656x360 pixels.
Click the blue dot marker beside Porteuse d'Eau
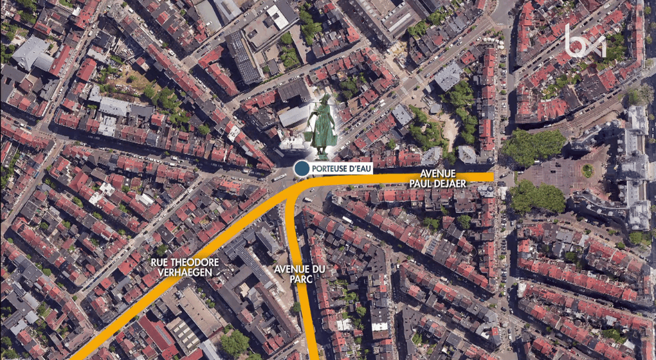coord(300,168)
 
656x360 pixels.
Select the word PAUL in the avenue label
coord(423,184)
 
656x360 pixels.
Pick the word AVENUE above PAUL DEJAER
coord(438,174)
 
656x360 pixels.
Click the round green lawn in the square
coord(587,170)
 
